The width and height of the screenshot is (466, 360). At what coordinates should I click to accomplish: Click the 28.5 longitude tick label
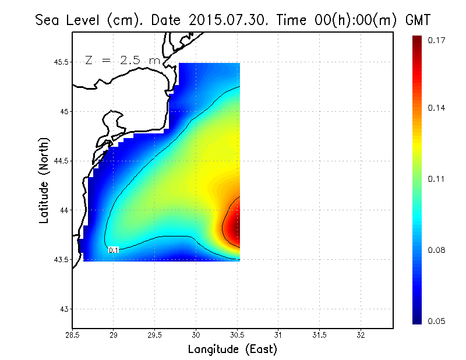point(72,335)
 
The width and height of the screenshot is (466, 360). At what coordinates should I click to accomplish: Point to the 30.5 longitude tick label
point(237,335)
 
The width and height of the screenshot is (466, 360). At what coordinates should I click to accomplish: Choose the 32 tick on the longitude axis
point(361,335)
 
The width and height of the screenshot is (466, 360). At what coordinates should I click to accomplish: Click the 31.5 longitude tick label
point(320,335)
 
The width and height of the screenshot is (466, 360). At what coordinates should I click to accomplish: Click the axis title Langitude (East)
point(232,349)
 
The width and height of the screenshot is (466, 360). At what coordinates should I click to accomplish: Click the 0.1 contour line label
point(114,250)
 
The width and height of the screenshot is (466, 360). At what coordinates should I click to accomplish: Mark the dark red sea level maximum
point(233,227)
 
